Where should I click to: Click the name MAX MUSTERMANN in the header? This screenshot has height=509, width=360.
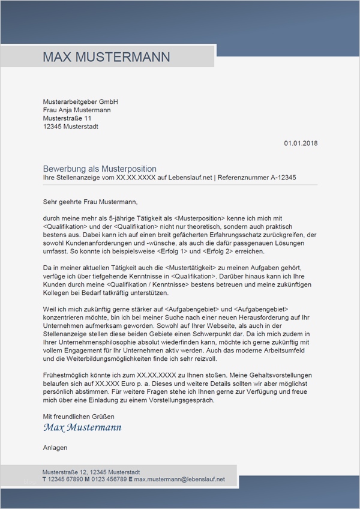coord(106,57)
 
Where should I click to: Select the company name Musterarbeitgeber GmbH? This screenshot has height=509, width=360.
coord(80,101)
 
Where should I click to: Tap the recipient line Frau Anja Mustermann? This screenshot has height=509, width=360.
coord(77,110)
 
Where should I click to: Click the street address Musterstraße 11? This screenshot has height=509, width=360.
coord(67,118)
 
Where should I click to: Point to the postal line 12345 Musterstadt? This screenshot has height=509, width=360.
coord(71,127)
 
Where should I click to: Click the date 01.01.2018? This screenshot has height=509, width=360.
coord(301,143)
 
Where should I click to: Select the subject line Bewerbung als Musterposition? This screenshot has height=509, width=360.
coord(100,169)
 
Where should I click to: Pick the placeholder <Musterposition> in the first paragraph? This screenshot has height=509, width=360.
coord(197,220)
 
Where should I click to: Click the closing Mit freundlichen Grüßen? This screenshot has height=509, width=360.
coord(79,417)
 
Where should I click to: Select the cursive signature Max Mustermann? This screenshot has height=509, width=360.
coord(82,428)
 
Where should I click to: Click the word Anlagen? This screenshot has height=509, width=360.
coord(55,448)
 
